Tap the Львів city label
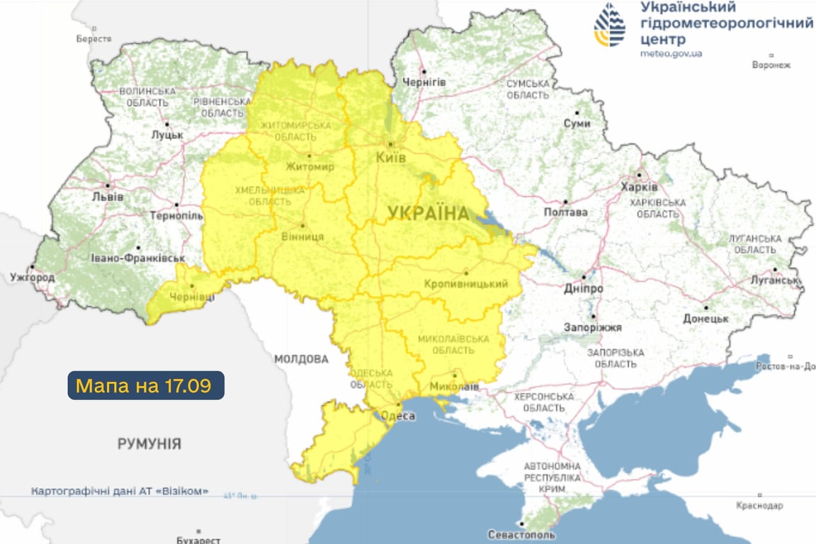pyautogui.click(x=108, y=196)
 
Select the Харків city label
pyautogui.click(x=639, y=187)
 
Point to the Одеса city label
pyautogui.click(x=397, y=416)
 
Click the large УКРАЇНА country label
pyautogui.click(x=429, y=213)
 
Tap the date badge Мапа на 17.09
pyautogui.click(x=146, y=386)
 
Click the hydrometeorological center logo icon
pyautogui.click(x=610, y=25)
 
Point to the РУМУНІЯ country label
pyautogui.click(x=149, y=444)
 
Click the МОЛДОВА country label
pyautogui.click(x=301, y=359)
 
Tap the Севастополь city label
pyautogui.click(x=521, y=535)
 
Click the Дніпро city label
pyautogui.click(x=584, y=289)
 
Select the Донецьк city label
pyautogui.click(x=705, y=319)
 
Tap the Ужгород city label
pyautogui.click(x=33, y=277)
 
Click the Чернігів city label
pyautogui.click(x=424, y=82)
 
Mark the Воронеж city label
pyautogui.click(x=771, y=65)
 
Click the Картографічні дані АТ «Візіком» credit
pyautogui.click(x=120, y=491)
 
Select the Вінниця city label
pyautogui.click(x=302, y=237)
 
